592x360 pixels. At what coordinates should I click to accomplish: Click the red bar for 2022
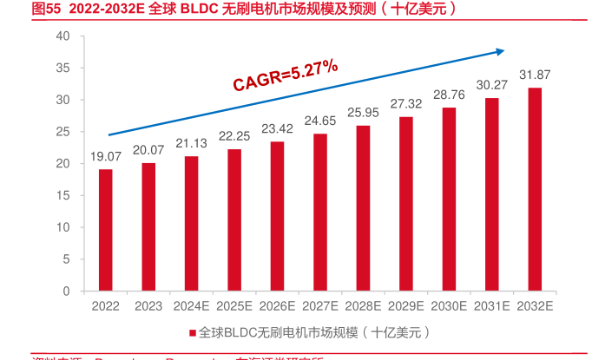tap(105, 230)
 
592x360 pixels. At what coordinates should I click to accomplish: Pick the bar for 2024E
tap(191, 224)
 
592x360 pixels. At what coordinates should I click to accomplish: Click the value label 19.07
tap(105, 157)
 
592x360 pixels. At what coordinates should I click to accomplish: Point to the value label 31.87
tap(536, 75)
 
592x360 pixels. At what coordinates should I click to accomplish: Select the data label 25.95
tap(363, 112)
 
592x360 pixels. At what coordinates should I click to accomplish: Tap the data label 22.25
tap(234, 136)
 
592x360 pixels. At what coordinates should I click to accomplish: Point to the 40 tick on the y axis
tap(62, 36)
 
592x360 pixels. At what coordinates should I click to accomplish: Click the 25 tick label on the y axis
tap(62, 132)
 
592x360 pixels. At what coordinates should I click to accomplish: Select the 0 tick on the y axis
tap(66, 291)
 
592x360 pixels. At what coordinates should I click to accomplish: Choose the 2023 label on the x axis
tap(148, 306)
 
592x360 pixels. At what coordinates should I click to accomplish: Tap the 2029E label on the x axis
tap(406, 306)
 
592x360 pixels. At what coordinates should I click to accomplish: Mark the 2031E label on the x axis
tap(492, 306)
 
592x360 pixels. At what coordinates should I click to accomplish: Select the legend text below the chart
tap(312, 332)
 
